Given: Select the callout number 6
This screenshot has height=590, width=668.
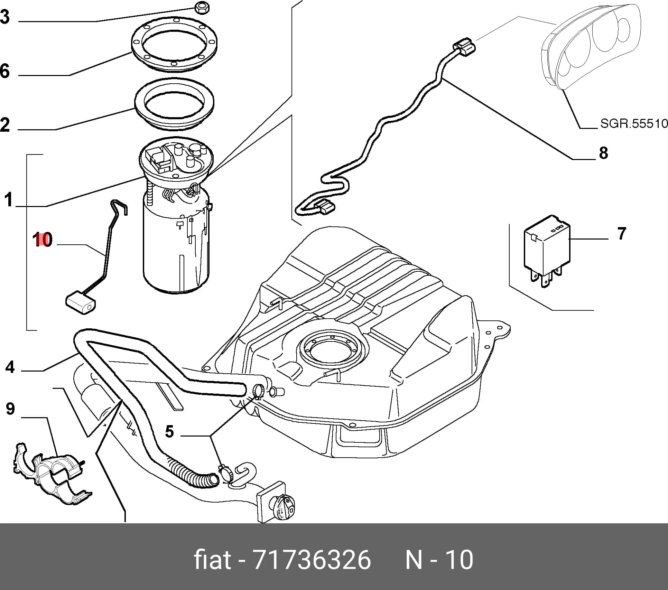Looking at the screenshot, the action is point(5,71).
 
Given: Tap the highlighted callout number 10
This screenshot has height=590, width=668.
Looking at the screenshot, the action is point(43,240).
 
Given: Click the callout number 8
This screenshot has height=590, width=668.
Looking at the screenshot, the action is point(603,153).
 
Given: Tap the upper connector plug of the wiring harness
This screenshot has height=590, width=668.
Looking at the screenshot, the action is point(464,47).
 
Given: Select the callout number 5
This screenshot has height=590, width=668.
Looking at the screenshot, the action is point(169,432).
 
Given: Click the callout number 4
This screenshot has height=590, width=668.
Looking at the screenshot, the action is point(10,367).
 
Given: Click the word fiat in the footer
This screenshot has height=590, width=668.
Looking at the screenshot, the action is point(212,559).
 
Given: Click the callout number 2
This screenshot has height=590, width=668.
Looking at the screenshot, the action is point(5,124).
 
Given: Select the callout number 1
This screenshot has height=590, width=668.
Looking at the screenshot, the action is point(9,200).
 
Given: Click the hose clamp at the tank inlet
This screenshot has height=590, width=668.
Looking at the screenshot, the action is point(259,391).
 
